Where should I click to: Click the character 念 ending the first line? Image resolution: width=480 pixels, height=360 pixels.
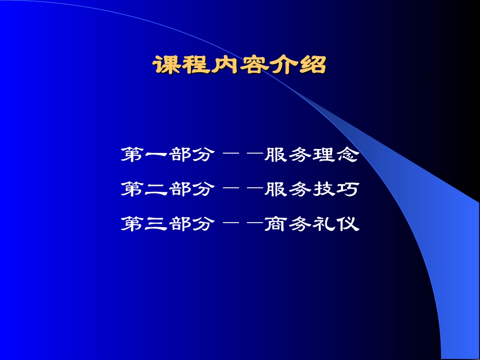click(347, 155)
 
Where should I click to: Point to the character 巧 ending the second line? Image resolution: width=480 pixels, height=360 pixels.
click(347, 189)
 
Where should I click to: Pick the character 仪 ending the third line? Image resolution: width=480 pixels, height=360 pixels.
click(347, 224)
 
